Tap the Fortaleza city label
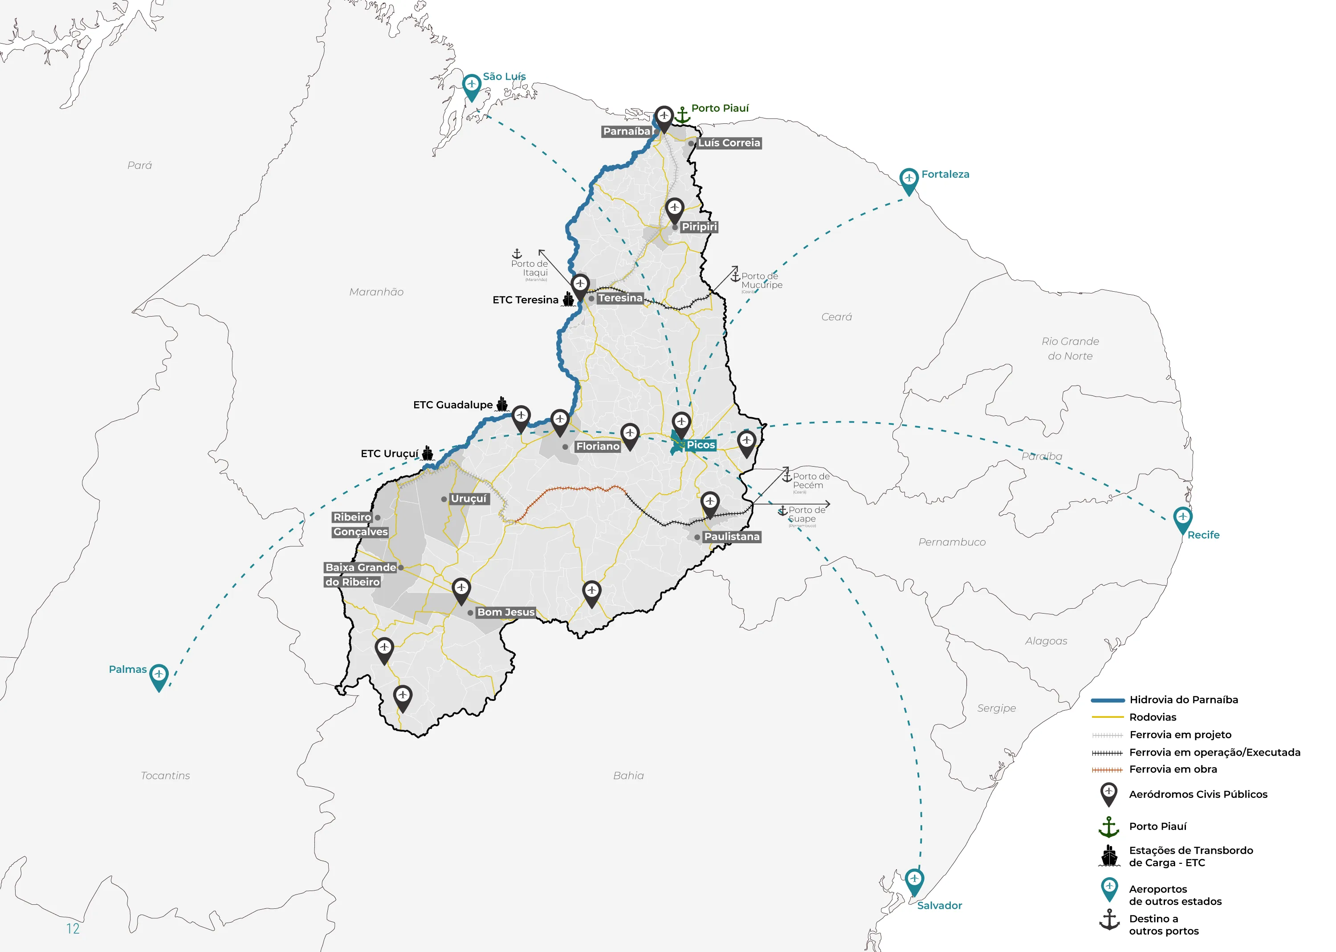[x=945, y=174]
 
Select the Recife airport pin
[x=1182, y=519]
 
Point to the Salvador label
[x=939, y=906]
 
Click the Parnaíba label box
[x=627, y=131]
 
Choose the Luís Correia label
[x=729, y=143]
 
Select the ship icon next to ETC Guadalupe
[x=502, y=404]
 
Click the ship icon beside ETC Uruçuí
[x=428, y=453]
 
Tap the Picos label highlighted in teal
[x=701, y=445]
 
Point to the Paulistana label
[x=732, y=537]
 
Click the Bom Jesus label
[x=505, y=612]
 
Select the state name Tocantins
[x=165, y=776]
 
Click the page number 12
[x=73, y=928]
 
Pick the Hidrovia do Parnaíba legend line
[x=1108, y=700]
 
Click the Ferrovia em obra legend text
[x=1173, y=769]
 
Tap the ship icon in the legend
[x=1109, y=856]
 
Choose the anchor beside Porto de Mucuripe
[x=735, y=276]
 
